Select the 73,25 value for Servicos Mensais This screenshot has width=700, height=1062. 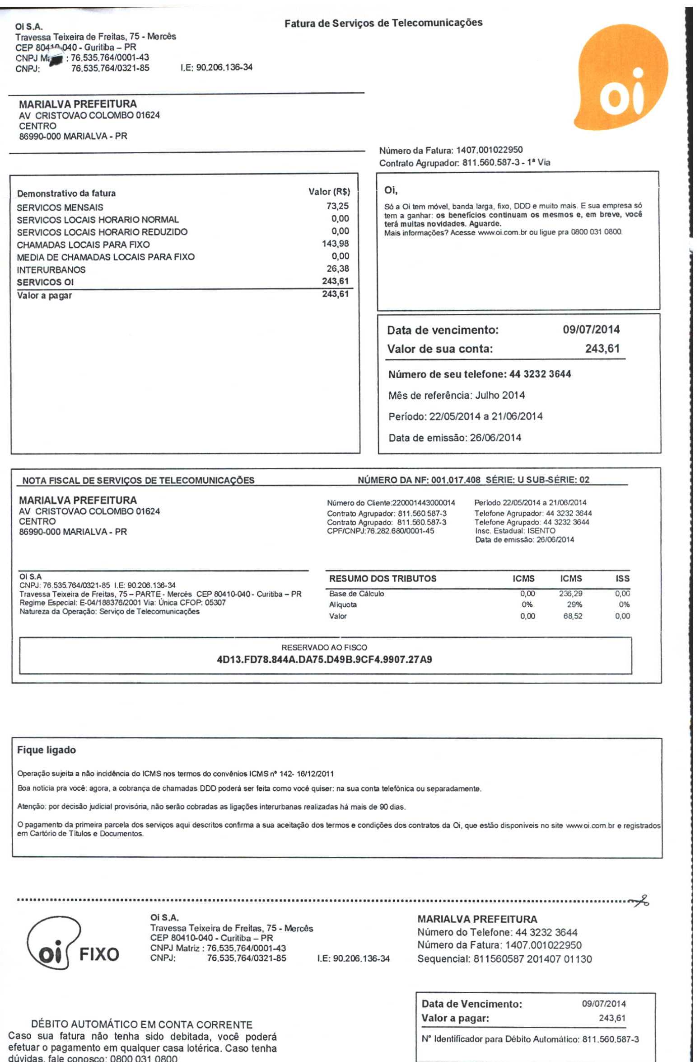click(x=338, y=206)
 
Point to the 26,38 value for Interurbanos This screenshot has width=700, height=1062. click(x=338, y=269)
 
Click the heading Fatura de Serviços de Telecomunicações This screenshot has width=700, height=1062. click(x=383, y=23)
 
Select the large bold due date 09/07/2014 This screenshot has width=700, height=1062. click(x=591, y=330)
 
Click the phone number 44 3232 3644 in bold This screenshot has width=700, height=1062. click(x=540, y=374)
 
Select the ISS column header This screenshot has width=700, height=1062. click(x=622, y=579)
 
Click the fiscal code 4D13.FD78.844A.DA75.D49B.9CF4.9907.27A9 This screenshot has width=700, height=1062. click(x=324, y=660)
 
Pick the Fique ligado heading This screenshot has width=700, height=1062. click(x=46, y=750)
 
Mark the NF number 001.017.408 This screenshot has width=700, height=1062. click(x=456, y=480)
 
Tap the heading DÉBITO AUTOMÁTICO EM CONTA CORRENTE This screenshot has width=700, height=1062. click(x=141, y=1024)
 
